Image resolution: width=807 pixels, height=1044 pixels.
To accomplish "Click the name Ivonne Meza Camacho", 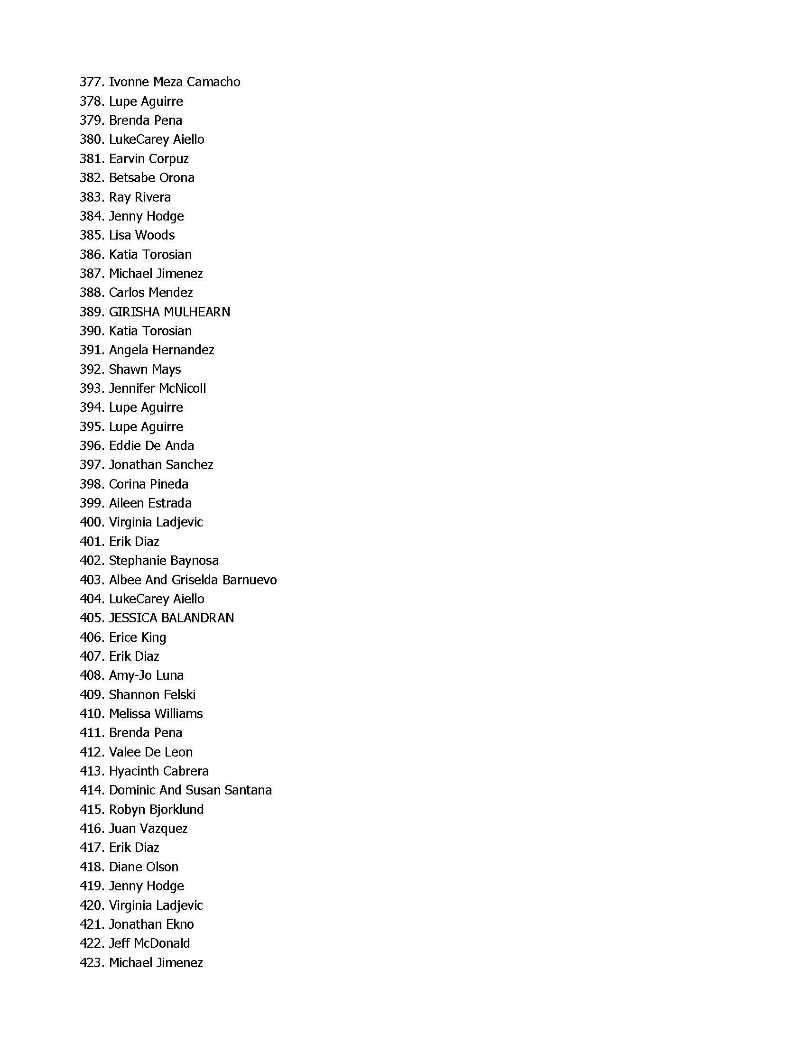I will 174,82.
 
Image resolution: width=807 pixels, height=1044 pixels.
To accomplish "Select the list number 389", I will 91,312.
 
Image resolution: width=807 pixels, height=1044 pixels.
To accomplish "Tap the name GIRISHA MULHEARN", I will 169,312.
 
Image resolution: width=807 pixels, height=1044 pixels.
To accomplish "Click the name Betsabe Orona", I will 151,178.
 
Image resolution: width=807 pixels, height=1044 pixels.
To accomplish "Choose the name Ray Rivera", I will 139,197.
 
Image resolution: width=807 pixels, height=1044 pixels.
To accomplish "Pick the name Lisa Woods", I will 141,235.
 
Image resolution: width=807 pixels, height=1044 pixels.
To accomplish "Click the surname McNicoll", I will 182,388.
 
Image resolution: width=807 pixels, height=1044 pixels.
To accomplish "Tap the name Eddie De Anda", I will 151,446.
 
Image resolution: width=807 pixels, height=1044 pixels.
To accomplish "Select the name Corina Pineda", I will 148,484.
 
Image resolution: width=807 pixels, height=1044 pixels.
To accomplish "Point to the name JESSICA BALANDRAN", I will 171,618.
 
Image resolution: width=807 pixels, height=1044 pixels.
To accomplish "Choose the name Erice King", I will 137,637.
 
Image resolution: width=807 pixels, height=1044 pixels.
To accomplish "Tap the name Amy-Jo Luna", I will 146,675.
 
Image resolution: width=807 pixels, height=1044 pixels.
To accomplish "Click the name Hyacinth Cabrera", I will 159,772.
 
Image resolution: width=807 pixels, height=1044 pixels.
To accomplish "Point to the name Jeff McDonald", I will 149,943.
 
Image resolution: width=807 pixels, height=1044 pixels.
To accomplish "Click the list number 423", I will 91,963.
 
